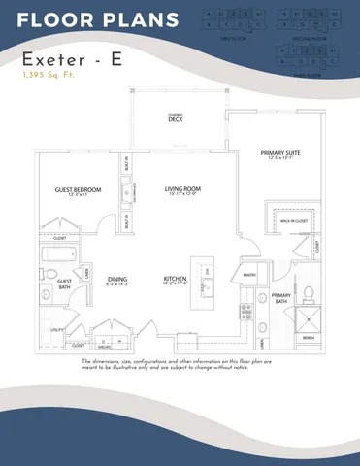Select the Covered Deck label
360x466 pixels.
[x=176, y=118]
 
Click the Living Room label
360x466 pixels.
[x=181, y=190]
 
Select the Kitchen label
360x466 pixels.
[x=176, y=281]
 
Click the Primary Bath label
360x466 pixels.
[x=281, y=296]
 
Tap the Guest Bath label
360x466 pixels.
[x=64, y=284]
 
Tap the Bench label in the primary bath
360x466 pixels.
[x=308, y=337]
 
